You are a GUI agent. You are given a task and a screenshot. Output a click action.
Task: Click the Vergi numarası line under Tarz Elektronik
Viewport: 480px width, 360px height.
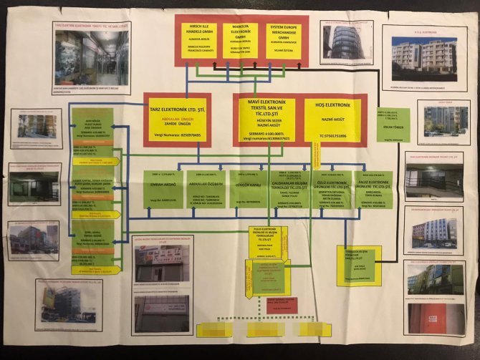pyautogui.click(x=176, y=135)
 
